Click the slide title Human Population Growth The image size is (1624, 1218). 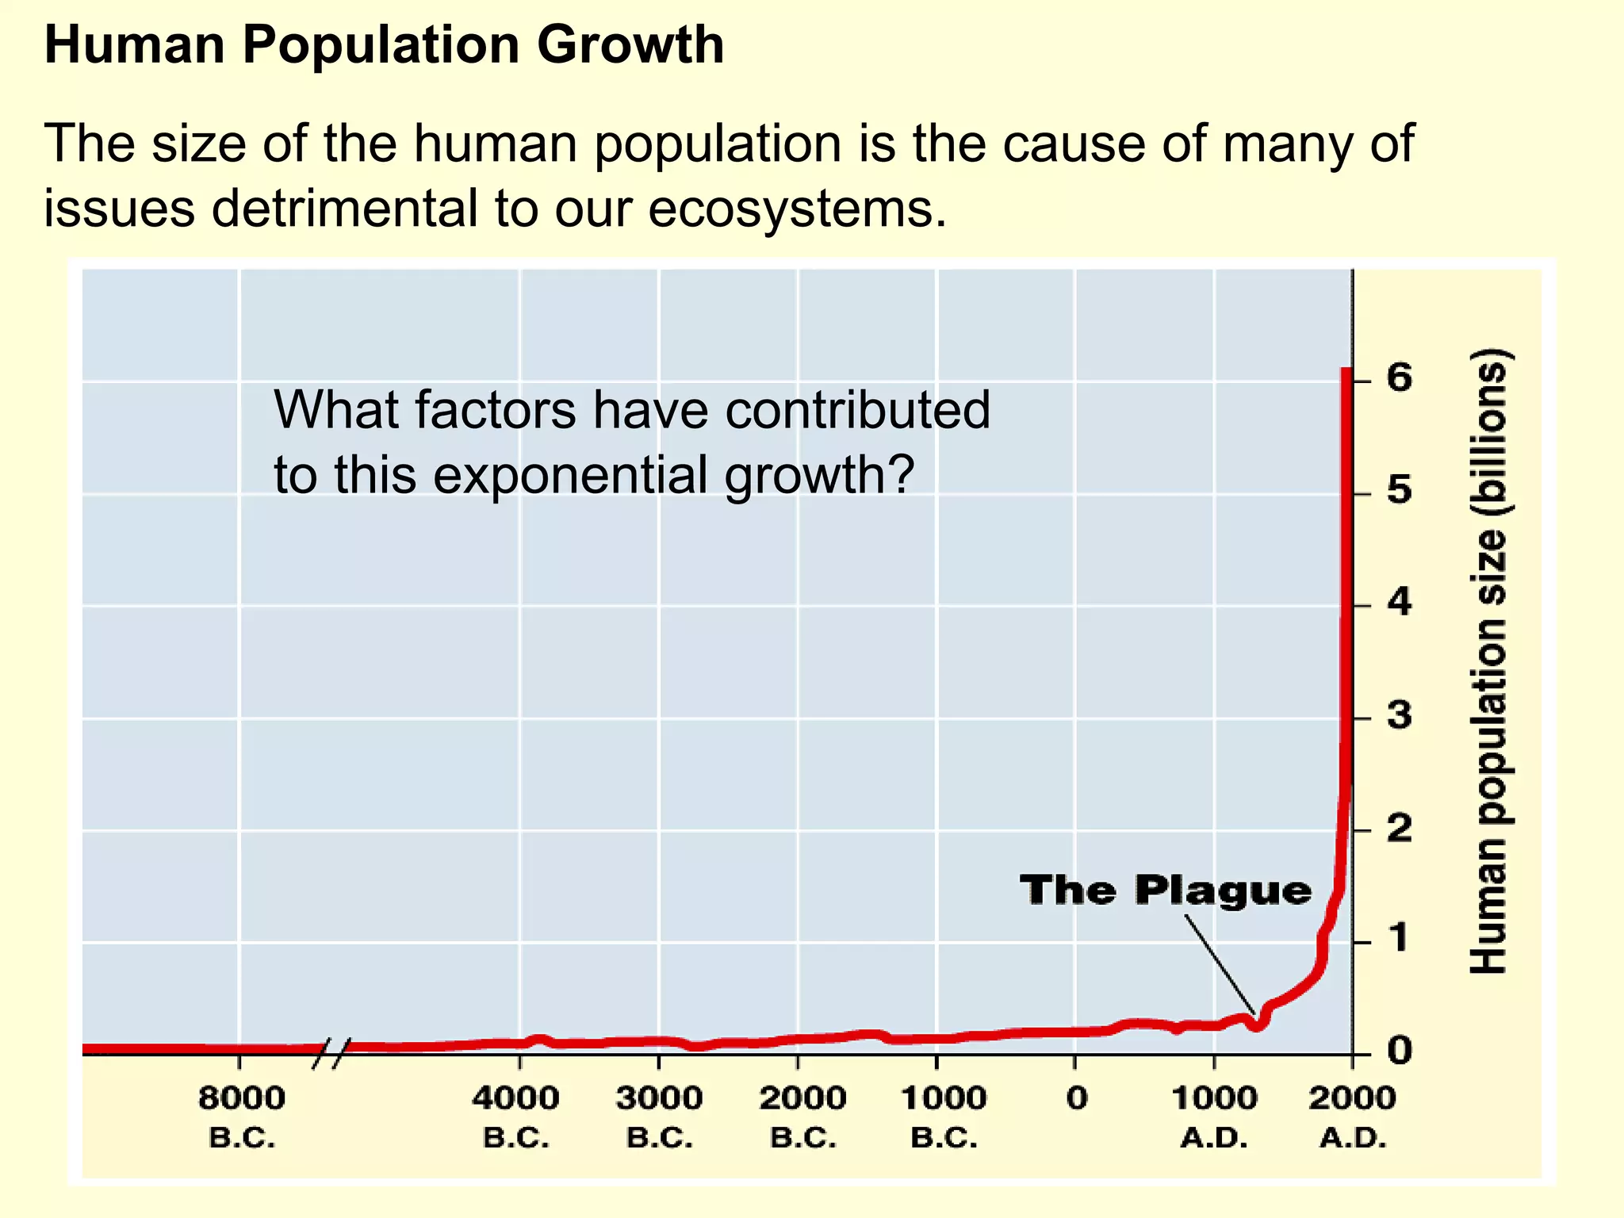384,45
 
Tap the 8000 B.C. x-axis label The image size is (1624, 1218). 242,1116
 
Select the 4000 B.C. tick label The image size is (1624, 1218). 516,1116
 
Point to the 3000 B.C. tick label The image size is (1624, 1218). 659,1116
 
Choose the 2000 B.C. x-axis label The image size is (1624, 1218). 802,1116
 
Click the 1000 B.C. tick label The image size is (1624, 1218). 944,1116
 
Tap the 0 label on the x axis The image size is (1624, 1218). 1076,1099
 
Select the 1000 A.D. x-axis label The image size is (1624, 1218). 1214,1116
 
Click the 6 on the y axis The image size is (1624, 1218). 1400,378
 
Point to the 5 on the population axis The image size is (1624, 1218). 1400,492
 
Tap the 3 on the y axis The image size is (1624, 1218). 1400,716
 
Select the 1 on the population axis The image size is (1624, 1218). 1400,939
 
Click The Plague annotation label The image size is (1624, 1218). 1166,890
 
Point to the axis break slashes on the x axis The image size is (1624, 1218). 331,1053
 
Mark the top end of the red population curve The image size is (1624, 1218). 1346,370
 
